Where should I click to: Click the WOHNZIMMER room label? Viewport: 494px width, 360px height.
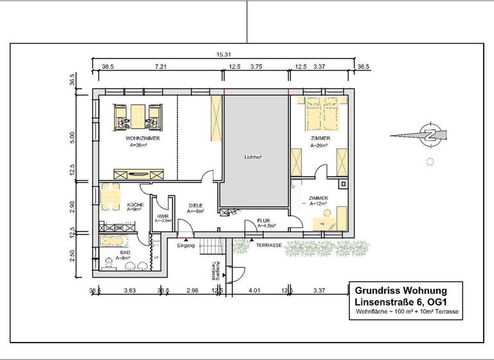tap(143, 138)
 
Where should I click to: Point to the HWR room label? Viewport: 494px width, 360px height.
tap(162, 217)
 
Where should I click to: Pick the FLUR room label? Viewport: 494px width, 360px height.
tap(264, 221)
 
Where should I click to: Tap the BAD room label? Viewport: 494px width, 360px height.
tap(125, 253)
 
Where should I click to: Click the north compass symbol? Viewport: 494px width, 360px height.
tap(427, 135)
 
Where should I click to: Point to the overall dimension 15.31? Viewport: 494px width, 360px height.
tap(223, 55)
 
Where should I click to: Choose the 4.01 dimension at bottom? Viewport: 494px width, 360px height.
tap(256, 291)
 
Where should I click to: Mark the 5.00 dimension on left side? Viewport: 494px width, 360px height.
tap(73, 137)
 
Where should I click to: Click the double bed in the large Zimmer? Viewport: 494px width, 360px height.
tap(323, 114)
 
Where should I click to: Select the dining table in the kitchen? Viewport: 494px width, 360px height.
tap(111, 197)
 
